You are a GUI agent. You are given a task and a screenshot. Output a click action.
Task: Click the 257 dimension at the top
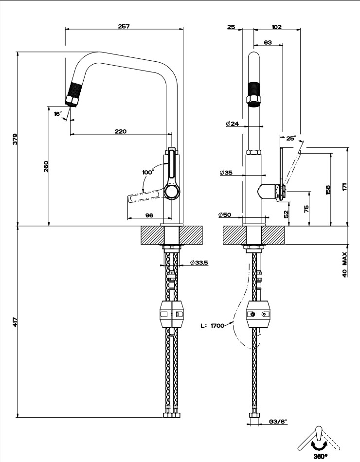(124, 26)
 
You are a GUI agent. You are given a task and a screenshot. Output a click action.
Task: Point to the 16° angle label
(58, 113)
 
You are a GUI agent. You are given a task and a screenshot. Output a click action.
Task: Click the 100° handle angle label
(147, 172)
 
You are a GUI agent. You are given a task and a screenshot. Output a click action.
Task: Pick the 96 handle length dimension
(150, 215)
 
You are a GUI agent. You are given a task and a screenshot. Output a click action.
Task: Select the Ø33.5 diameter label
(199, 263)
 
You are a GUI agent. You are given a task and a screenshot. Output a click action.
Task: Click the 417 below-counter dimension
(15, 321)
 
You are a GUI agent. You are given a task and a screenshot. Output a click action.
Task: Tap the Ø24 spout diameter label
(232, 124)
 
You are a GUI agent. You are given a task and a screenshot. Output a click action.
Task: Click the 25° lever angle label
(290, 138)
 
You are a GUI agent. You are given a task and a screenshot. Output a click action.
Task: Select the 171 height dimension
(344, 188)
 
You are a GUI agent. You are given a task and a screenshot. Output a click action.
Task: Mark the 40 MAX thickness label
(344, 264)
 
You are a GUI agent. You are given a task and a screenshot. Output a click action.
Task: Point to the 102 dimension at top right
(277, 27)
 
